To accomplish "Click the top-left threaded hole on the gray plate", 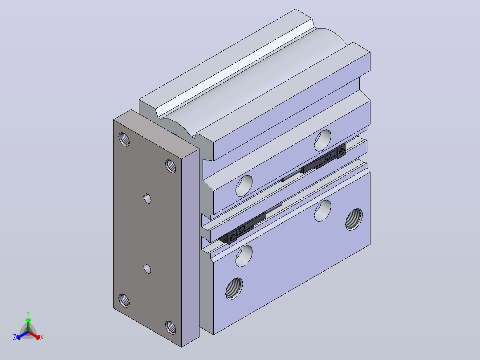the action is [x=124, y=139].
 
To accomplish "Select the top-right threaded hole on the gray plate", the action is [x=171, y=166].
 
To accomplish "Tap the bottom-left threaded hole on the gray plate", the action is [x=124, y=300].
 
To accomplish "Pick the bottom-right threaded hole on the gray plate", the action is [x=171, y=327].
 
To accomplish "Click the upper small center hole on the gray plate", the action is [x=147, y=198].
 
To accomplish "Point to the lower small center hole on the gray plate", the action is [x=147, y=269].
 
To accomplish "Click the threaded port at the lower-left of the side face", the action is [x=234, y=289].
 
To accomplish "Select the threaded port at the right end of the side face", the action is [x=354, y=219].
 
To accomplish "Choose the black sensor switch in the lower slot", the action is [x=242, y=228].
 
